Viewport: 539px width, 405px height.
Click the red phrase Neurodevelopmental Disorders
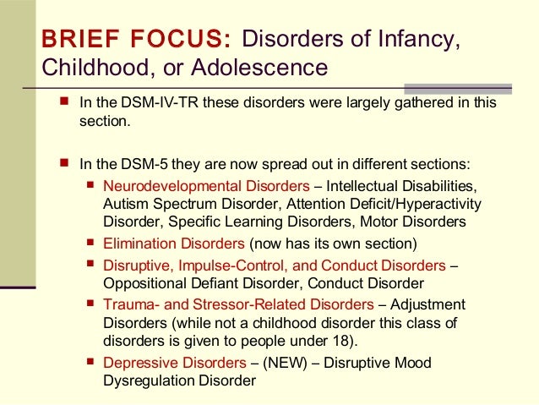coord(205,185)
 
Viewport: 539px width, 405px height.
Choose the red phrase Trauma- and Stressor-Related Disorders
coord(237,304)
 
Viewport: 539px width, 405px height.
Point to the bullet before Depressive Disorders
coord(91,363)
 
